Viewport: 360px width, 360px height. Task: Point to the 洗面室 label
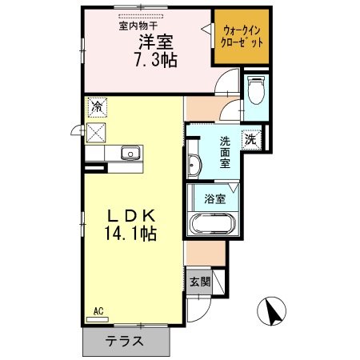coord(226,152)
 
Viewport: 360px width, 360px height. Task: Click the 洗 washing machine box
coord(250,138)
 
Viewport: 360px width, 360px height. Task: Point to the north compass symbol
coord(273,309)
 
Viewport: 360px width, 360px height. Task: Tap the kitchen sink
coord(130,154)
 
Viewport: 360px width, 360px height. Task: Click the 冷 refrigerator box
coord(97,106)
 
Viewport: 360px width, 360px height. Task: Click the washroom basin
coord(194,166)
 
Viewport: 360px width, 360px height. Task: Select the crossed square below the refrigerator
coord(97,133)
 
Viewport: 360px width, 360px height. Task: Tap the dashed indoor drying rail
coord(140,15)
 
